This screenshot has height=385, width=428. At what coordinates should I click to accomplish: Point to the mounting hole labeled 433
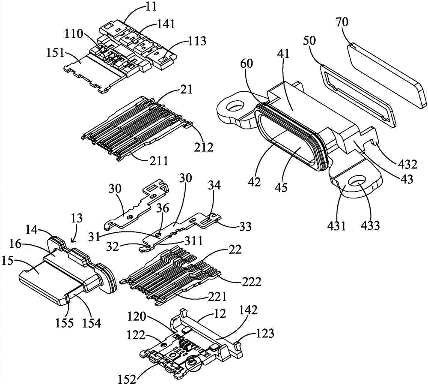click(357, 183)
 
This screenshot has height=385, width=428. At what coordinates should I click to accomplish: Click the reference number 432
click(401, 163)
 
